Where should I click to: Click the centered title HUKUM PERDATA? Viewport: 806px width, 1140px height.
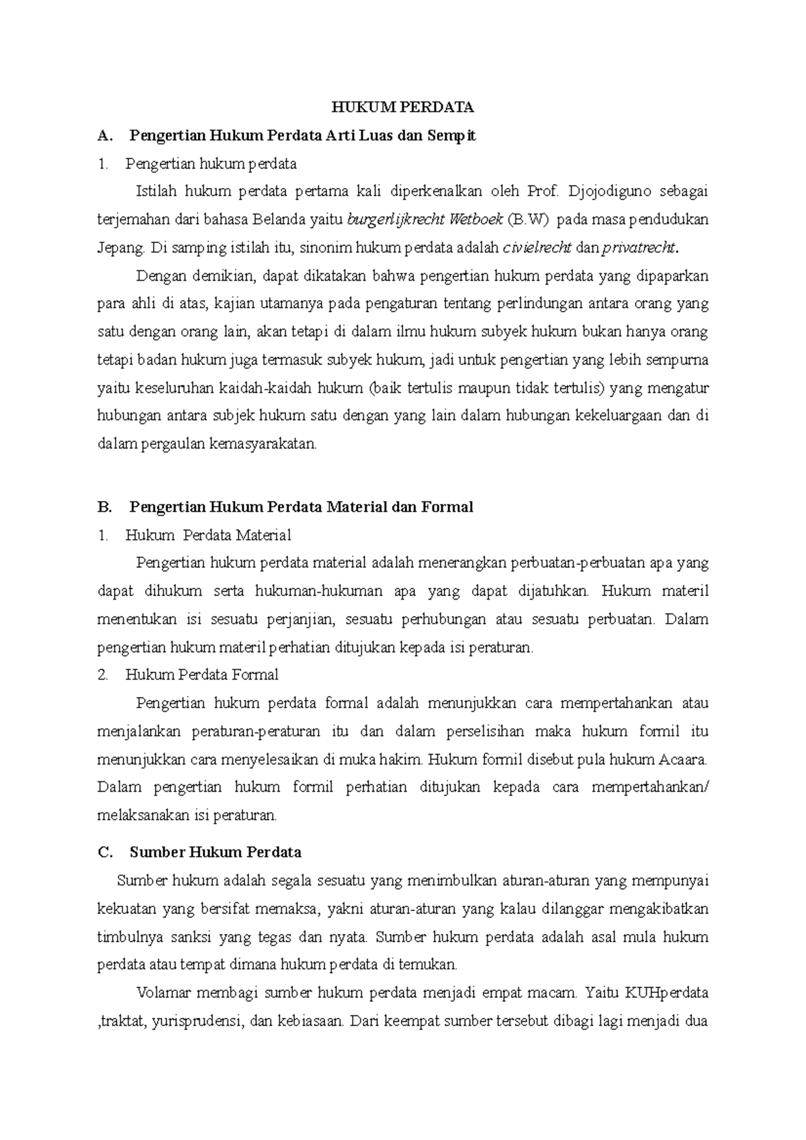(x=403, y=107)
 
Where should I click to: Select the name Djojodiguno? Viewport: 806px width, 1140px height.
(x=609, y=191)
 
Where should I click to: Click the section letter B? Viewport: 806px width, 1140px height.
(x=104, y=507)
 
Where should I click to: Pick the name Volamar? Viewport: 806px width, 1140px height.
(x=163, y=992)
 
